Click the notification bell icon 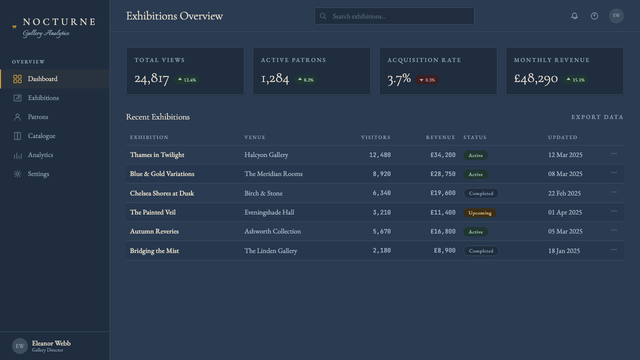574,16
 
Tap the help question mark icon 594,16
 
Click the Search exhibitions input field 394,16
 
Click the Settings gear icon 17,174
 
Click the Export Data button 597,117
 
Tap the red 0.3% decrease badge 427,80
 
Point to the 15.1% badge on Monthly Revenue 575,80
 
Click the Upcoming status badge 480,213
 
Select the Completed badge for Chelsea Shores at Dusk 481,193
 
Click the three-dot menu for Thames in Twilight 614,153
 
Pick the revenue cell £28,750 443,174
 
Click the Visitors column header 375,137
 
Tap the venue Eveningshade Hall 269,212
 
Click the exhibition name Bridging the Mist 154,251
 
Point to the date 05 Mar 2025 565,231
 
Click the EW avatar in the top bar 616,16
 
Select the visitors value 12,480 379,155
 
